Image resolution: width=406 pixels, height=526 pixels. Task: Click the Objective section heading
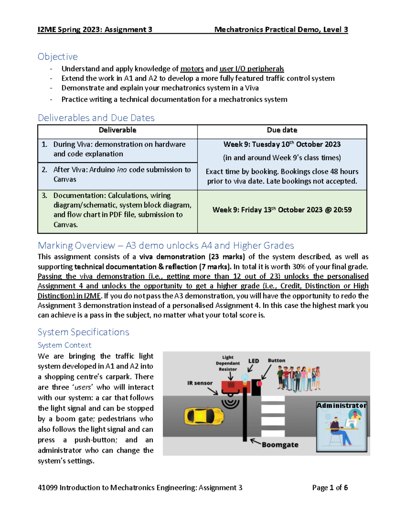(x=58, y=57)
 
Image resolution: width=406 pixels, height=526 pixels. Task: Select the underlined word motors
(x=192, y=69)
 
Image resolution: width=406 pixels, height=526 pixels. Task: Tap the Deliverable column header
(x=117, y=130)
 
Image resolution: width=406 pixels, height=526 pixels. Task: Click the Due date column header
(x=282, y=130)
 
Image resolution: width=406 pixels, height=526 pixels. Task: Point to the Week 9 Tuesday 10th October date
(x=282, y=144)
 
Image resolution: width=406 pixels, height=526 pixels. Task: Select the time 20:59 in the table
(x=342, y=210)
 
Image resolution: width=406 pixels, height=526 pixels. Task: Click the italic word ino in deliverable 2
(x=122, y=170)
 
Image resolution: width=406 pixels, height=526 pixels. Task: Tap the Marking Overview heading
(x=166, y=245)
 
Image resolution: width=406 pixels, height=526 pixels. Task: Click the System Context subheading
(x=64, y=345)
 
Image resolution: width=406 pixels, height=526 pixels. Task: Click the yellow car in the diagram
(x=204, y=416)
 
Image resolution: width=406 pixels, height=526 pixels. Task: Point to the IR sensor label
(x=200, y=383)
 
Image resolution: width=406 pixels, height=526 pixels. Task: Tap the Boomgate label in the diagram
(x=280, y=445)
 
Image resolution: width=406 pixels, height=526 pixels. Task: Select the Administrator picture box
(x=341, y=427)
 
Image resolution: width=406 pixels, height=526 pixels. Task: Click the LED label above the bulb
(x=253, y=361)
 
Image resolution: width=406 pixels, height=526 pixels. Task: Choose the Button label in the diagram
(x=276, y=361)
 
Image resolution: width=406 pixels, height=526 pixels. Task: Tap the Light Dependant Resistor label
(x=228, y=363)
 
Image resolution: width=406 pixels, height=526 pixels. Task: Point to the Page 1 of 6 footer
(x=330, y=488)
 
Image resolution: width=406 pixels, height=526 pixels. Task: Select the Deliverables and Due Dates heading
(x=96, y=118)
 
